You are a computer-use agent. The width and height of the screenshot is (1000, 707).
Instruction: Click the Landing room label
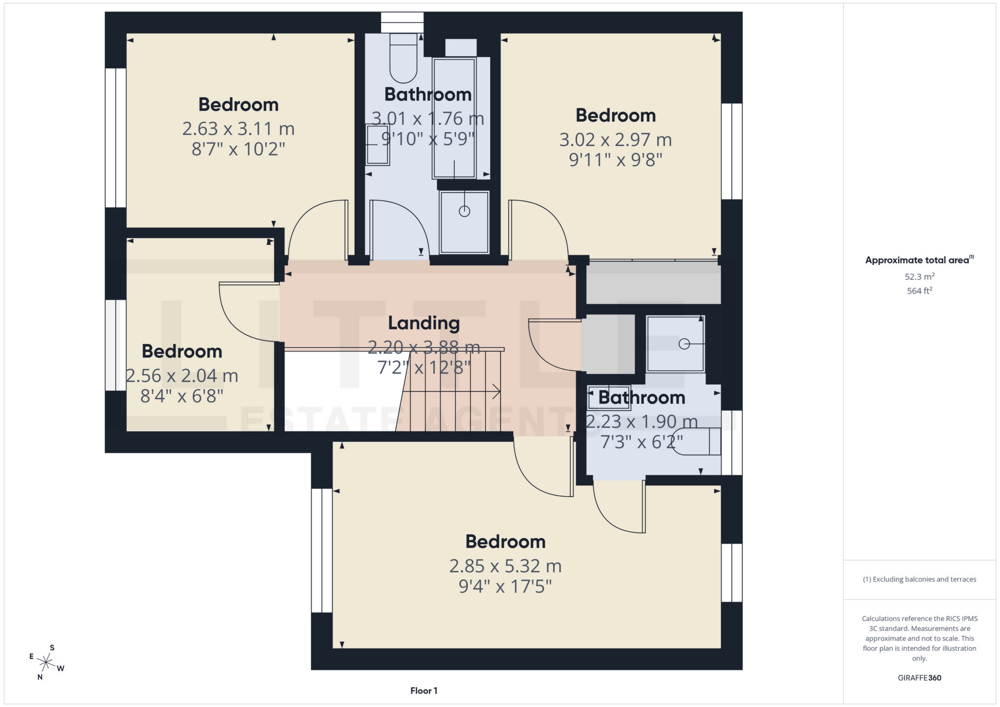tap(423, 323)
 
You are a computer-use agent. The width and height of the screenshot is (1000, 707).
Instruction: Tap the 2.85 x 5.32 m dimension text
tap(505, 566)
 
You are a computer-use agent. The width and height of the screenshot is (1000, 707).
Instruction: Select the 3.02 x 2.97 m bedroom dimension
tap(615, 140)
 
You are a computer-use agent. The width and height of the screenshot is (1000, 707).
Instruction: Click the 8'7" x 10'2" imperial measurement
tap(238, 149)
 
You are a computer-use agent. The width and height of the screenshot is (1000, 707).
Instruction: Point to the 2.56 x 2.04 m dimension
tap(182, 376)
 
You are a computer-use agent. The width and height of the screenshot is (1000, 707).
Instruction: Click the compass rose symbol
tap(46, 663)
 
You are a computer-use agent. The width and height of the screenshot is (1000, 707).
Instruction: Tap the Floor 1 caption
tap(423, 691)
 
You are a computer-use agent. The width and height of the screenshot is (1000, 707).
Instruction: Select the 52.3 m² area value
tap(919, 276)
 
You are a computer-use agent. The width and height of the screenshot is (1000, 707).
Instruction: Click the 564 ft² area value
tap(919, 291)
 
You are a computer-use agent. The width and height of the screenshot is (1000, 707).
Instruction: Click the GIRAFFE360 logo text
tap(919, 678)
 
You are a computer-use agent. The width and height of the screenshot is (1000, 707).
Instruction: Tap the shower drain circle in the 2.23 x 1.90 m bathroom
tap(684, 344)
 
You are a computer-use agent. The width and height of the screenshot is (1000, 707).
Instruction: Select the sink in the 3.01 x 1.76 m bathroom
tap(377, 145)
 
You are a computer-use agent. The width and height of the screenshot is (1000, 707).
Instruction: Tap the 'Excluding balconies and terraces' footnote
tap(919, 579)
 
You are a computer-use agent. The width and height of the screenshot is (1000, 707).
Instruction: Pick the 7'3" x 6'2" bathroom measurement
tap(641, 443)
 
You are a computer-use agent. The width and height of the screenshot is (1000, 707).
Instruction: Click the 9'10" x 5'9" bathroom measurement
tap(428, 140)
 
